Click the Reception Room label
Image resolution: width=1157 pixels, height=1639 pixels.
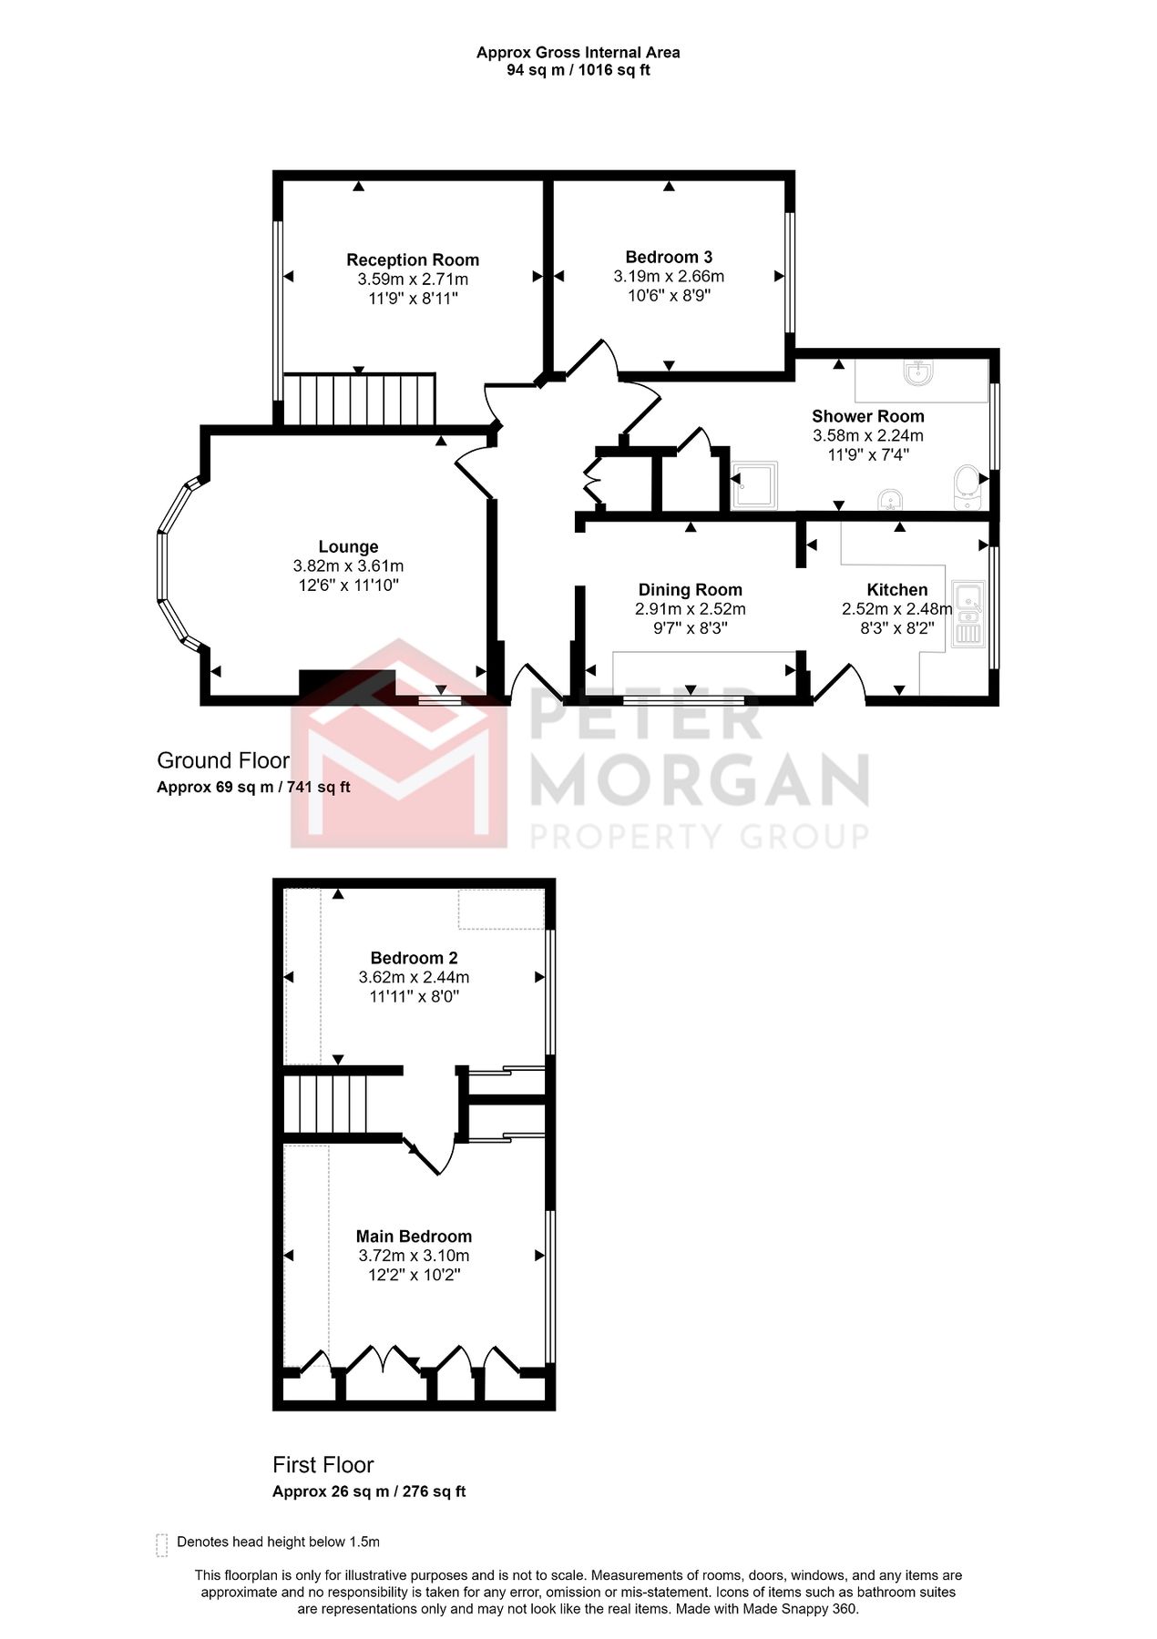413,260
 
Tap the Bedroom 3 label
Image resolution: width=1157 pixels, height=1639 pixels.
669,258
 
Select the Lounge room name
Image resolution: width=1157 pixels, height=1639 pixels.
348,547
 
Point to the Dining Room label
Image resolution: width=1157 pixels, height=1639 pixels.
690,590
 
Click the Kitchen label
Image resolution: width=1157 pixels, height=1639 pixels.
897,590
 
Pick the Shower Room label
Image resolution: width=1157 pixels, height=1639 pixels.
867,416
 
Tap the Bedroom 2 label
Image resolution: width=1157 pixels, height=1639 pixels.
414,958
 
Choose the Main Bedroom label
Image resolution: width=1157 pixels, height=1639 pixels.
414,1237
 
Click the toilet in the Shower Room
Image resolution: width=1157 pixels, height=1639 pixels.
965,487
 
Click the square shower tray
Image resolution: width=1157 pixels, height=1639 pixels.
754,485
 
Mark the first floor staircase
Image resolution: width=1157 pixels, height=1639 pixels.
325,1104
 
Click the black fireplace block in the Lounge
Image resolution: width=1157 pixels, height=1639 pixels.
347,683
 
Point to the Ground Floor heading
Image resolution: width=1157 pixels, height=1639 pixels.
223,760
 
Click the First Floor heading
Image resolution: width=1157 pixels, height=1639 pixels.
323,1465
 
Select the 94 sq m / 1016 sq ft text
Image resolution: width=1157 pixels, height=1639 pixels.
578,70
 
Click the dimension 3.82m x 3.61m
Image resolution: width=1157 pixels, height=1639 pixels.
348,566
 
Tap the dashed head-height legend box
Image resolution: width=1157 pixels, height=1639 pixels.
162,1542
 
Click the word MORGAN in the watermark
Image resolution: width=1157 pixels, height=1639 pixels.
699,779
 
